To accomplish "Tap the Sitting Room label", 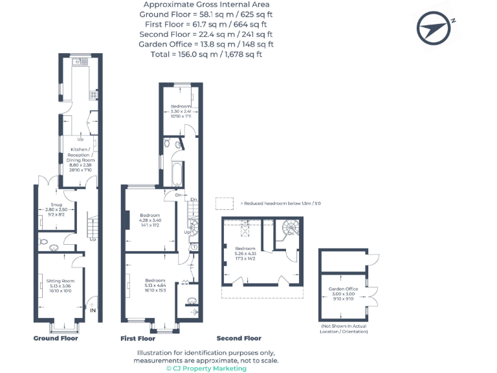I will tap(60, 285).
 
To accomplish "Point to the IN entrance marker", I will tap(93, 311).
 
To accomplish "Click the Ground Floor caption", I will tap(56, 338).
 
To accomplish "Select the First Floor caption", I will tap(138, 338).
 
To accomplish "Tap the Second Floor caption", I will tap(239, 338).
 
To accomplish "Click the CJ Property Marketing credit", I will tap(206, 368).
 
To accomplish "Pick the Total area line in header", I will tap(206, 54).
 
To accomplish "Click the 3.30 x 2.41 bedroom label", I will tap(181, 110).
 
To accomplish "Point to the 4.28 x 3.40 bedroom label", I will tap(149, 220).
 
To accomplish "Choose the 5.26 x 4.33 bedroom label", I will tap(245, 253).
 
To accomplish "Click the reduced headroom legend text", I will tap(280, 203).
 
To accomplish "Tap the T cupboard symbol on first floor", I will tap(193, 247).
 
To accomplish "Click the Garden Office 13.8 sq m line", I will tap(206, 44).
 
